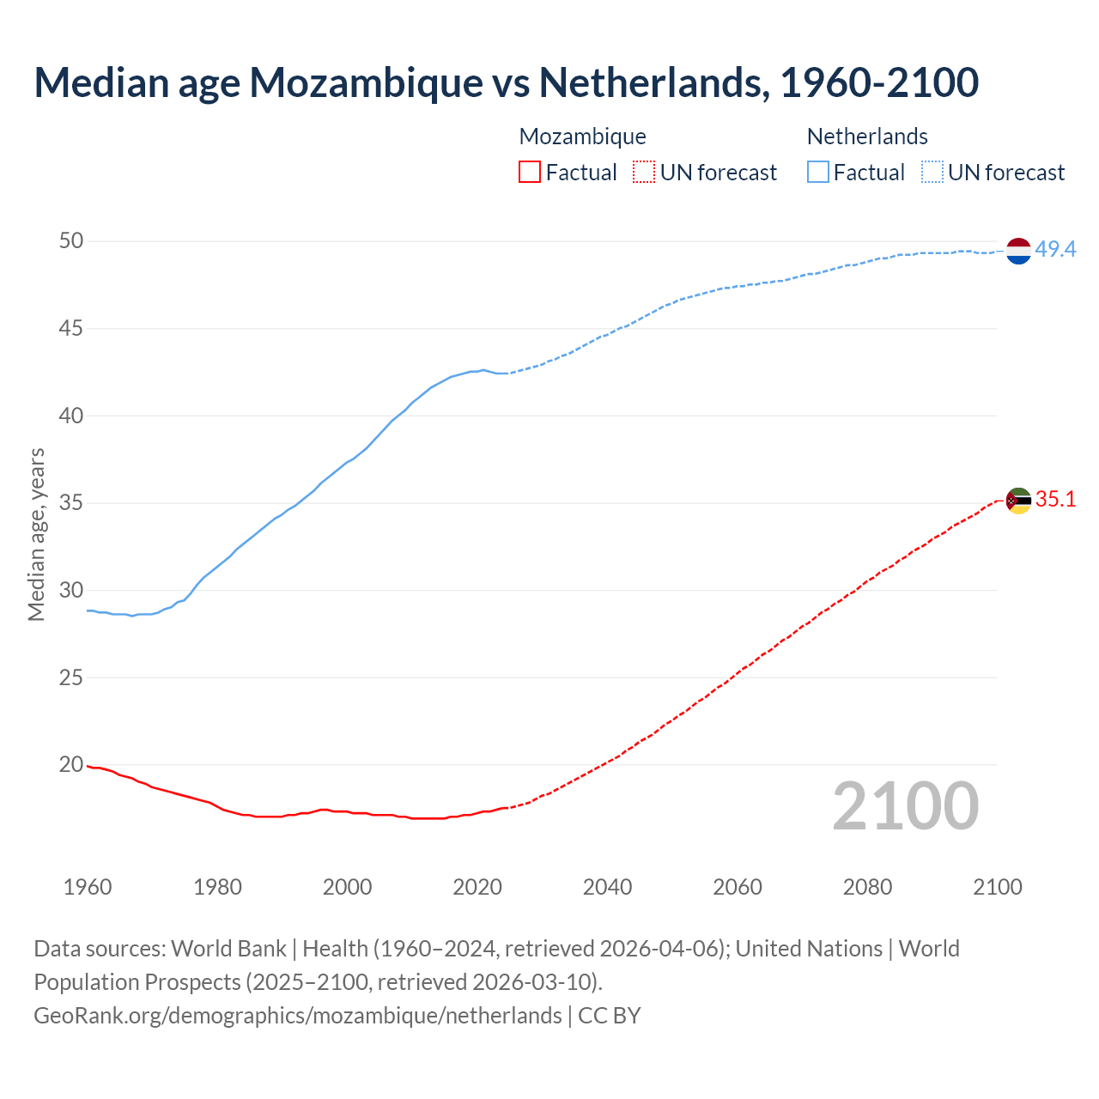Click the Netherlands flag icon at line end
coord(1018,251)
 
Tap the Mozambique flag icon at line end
coord(1018,501)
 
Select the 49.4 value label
coord(1055,250)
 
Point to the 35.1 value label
coord(1055,500)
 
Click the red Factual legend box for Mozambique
coord(530,173)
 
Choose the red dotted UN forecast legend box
coord(644,173)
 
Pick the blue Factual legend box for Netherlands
coord(817,173)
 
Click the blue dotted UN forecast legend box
coord(932,173)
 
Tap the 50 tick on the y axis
coord(71,241)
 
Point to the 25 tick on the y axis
coord(71,677)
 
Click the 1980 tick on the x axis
coord(217,887)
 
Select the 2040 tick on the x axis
coord(607,887)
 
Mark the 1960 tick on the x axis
coord(88,887)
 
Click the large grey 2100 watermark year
coord(905,806)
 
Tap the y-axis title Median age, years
coord(36,534)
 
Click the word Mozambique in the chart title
coord(365,82)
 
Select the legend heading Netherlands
coord(867,137)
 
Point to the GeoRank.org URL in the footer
coord(297,1016)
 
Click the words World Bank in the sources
coord(228,949)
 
